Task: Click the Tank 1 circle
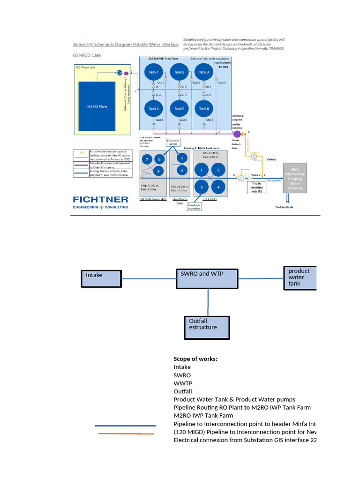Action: tap(154, 72)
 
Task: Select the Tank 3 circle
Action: tap(203, 72)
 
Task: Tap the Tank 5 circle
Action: tap(179, 109)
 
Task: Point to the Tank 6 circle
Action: tap(203, 109)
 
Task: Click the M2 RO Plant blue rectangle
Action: tap(97, 106)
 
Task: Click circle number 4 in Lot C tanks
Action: tap(217, 187)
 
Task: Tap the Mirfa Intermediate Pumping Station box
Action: tap(295, 177)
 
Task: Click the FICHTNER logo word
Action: tap(100, 200)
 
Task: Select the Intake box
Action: tap(101, 279)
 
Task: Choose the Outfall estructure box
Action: tap(207, 328)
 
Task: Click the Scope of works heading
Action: tap(195, 359)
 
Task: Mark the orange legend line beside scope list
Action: tap(126, 434)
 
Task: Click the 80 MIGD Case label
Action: tap(87, 55)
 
